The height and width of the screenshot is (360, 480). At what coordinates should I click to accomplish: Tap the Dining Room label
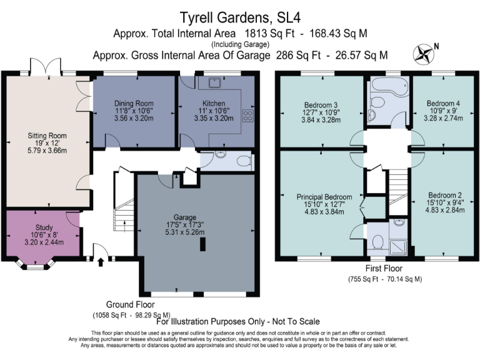134,104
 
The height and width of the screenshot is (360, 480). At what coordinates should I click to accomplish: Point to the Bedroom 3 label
321,104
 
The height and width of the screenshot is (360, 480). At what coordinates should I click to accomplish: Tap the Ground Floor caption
131,304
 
